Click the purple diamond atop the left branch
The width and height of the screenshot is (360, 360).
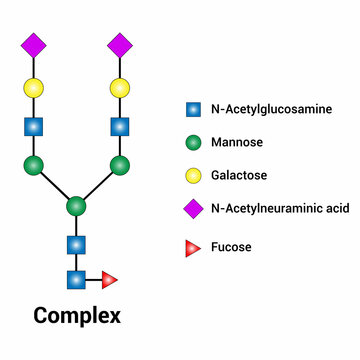34,45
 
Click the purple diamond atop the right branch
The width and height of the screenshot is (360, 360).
120,45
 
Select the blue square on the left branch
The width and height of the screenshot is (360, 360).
34,127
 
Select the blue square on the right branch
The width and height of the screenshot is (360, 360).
120,127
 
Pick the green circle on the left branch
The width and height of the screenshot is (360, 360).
34,165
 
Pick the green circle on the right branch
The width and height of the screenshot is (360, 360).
120,165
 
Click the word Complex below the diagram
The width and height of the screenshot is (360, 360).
77,317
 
